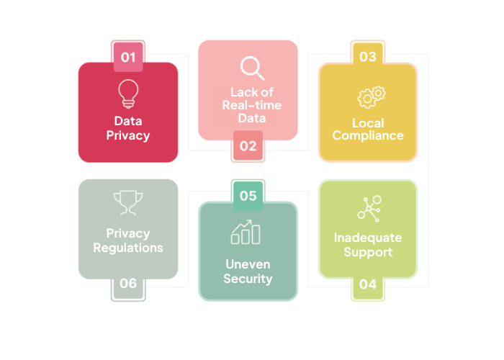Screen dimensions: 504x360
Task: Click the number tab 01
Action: coord(128,56)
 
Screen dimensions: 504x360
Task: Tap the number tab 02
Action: coord(248,146)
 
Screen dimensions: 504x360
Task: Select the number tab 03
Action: coord(368,56)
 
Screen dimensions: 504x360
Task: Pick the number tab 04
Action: coord(368,285)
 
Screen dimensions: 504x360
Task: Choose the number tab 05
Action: coord(248,195)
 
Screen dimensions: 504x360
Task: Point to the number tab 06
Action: coord(128,284)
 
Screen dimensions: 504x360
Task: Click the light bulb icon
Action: coord(128,94)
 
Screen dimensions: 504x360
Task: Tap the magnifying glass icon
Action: coord(252,68)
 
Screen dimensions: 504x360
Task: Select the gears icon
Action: coord(372,97)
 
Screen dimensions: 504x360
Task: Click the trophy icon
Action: coord(128,203)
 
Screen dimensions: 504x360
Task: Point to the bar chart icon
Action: coord(246,232)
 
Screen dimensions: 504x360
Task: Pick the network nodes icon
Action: coord(369,209)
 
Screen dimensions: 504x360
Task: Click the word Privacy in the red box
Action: coord(128,135)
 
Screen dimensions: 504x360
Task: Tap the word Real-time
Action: coord(252,105)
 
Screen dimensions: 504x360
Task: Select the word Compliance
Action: coord(368,135)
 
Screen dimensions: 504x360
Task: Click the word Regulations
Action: coord(128,248)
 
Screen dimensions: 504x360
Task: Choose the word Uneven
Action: coord(248,264)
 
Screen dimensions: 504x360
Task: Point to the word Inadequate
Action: coord(368,238)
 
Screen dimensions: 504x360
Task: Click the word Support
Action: coord(368,252)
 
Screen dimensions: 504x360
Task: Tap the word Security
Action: coord(248,279)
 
